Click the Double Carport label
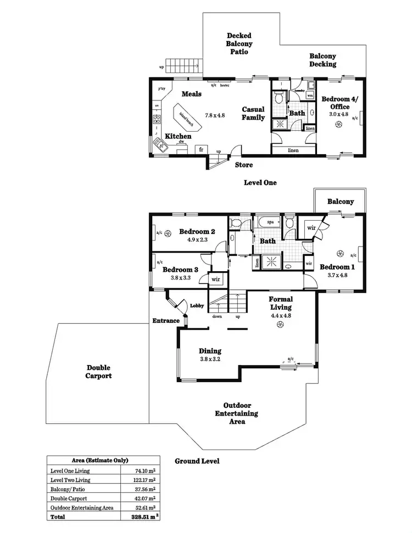(x=99, y=372)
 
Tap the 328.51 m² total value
(x=143, y=517)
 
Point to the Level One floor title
(x=260, y=182)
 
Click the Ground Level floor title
(x=197, y=461)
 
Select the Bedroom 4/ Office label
(x=339, y=103)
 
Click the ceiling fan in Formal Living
(x=280, y=325)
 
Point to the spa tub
(x=270, y=222)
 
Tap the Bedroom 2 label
(x=196, y=232)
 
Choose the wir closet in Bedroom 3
(x=216, y=279)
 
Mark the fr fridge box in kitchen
(x=201, y=149)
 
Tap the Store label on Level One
(x=243, y=165)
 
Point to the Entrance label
(x=166, y=321)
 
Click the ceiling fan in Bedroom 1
(x=340, y=254)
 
